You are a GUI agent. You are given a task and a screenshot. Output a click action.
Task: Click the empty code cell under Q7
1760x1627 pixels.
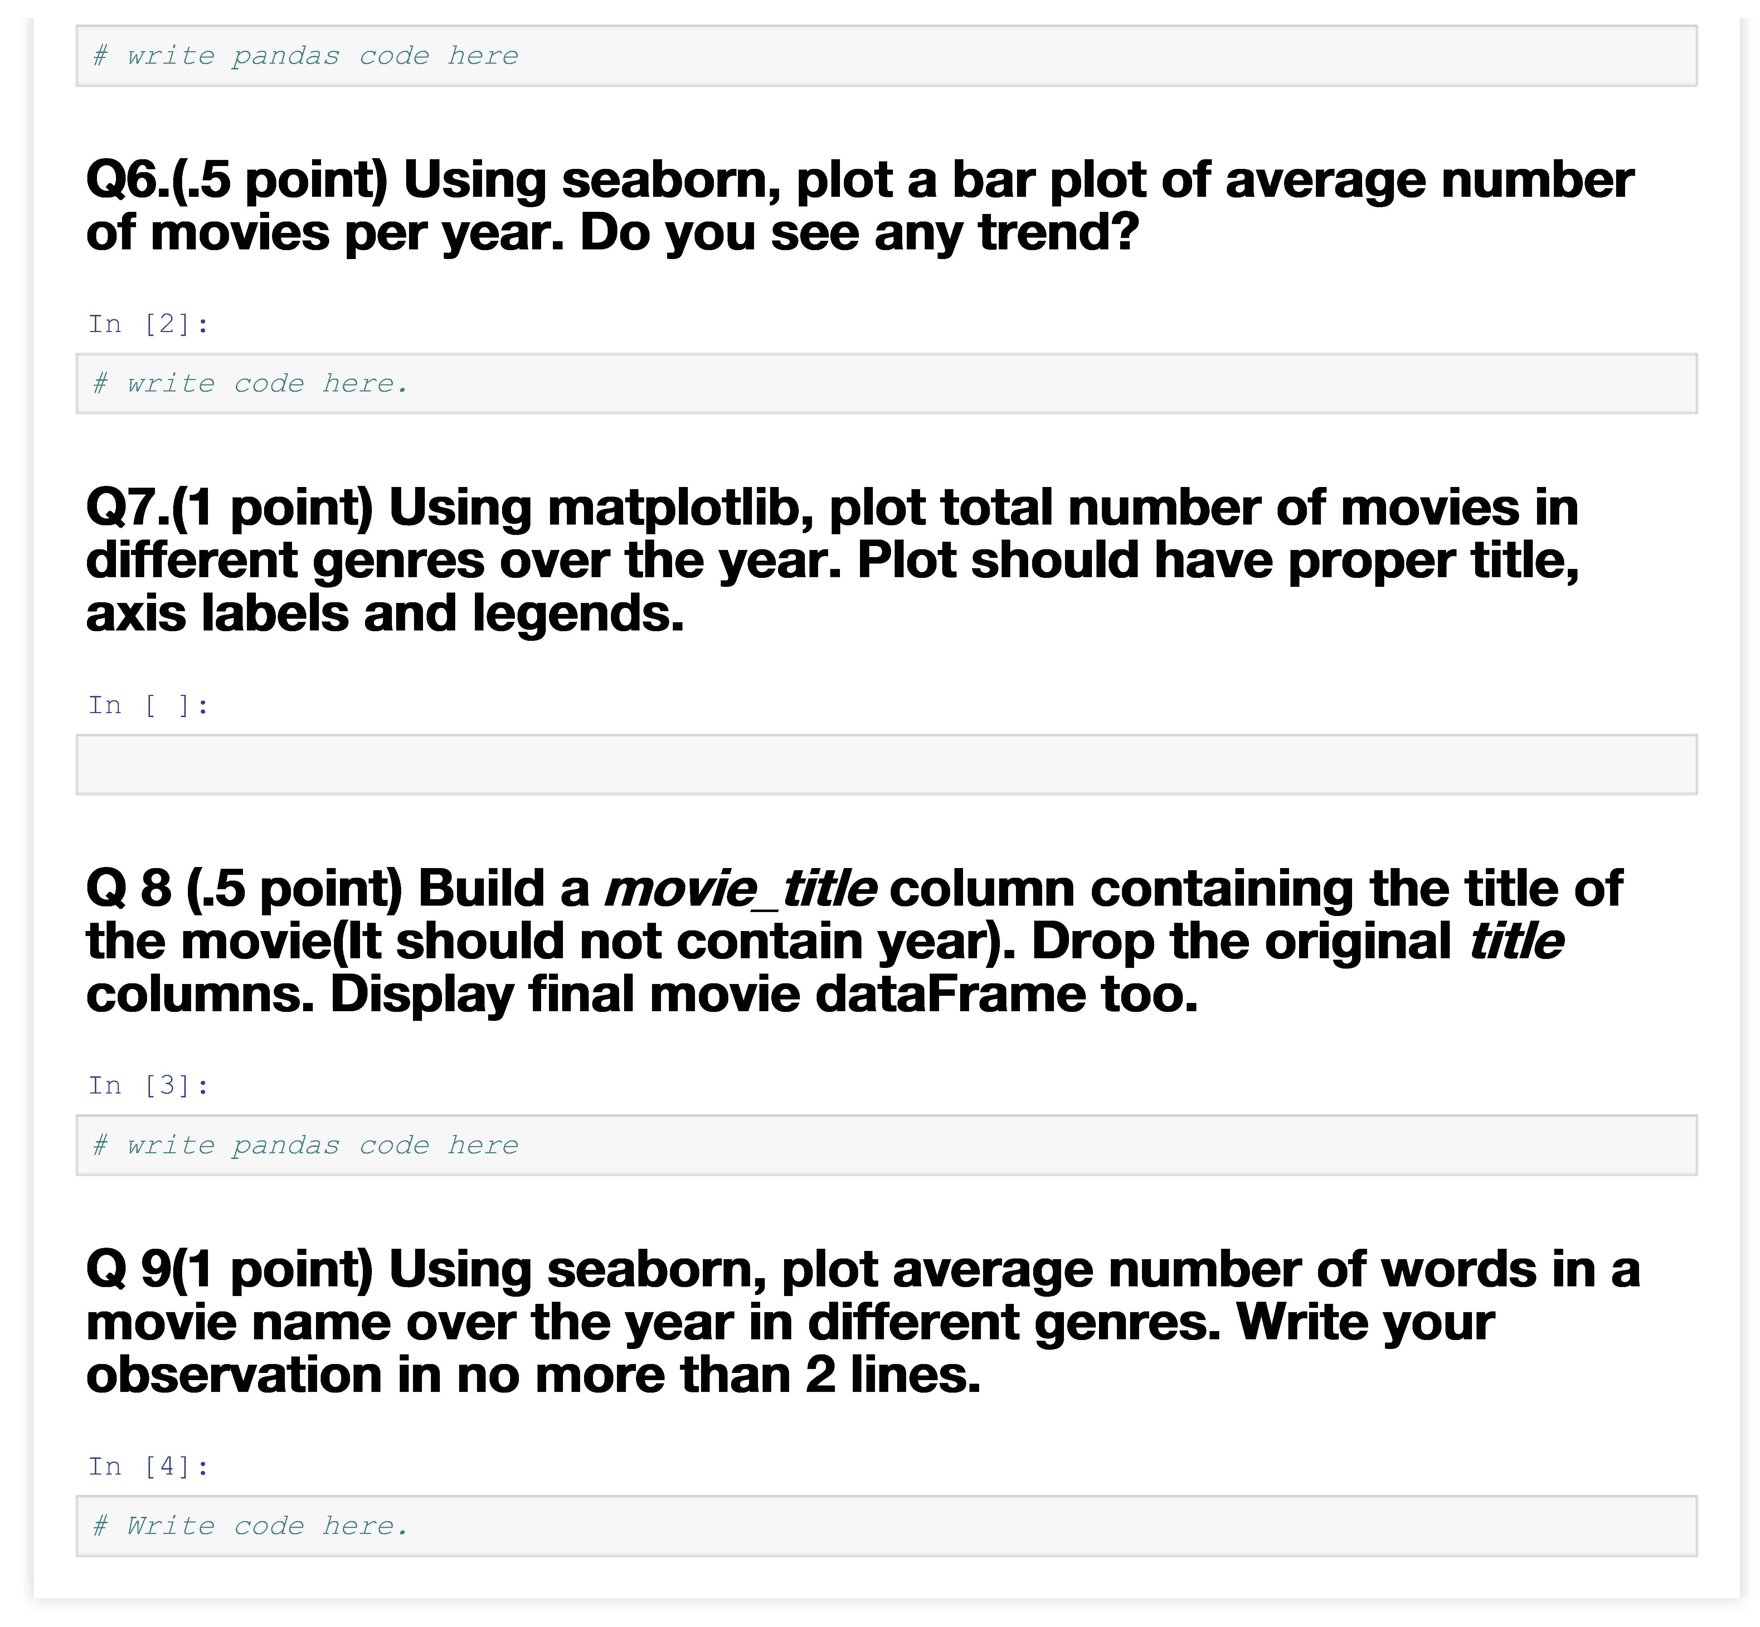click(886, 764)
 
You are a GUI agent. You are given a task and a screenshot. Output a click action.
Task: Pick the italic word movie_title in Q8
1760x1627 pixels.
click(740, 889)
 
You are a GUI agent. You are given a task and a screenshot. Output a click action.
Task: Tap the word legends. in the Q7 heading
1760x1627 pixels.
click(578, 614)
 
